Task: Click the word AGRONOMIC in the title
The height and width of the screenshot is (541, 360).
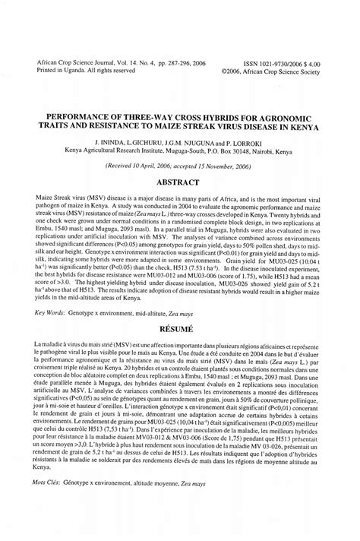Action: click(298, 109)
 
